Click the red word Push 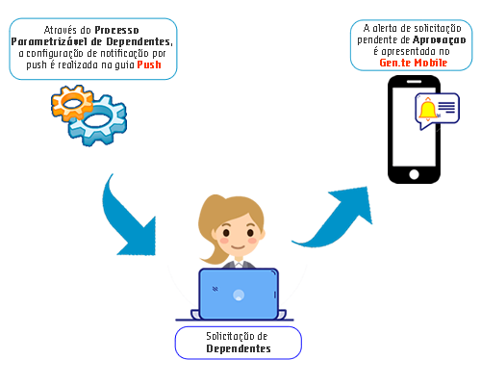coord(149,64)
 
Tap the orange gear coord(72,103)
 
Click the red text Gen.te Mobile coord(414,63)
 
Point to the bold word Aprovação coord(440,40)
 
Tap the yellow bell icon coord(428,109)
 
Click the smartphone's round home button coord(414,174)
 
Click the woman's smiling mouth coord(239,247)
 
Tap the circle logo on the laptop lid coord(239,295)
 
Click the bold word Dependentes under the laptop coord(239,348)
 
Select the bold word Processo coord(117,30)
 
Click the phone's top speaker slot coord(414,82)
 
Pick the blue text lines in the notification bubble coord(446,107)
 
